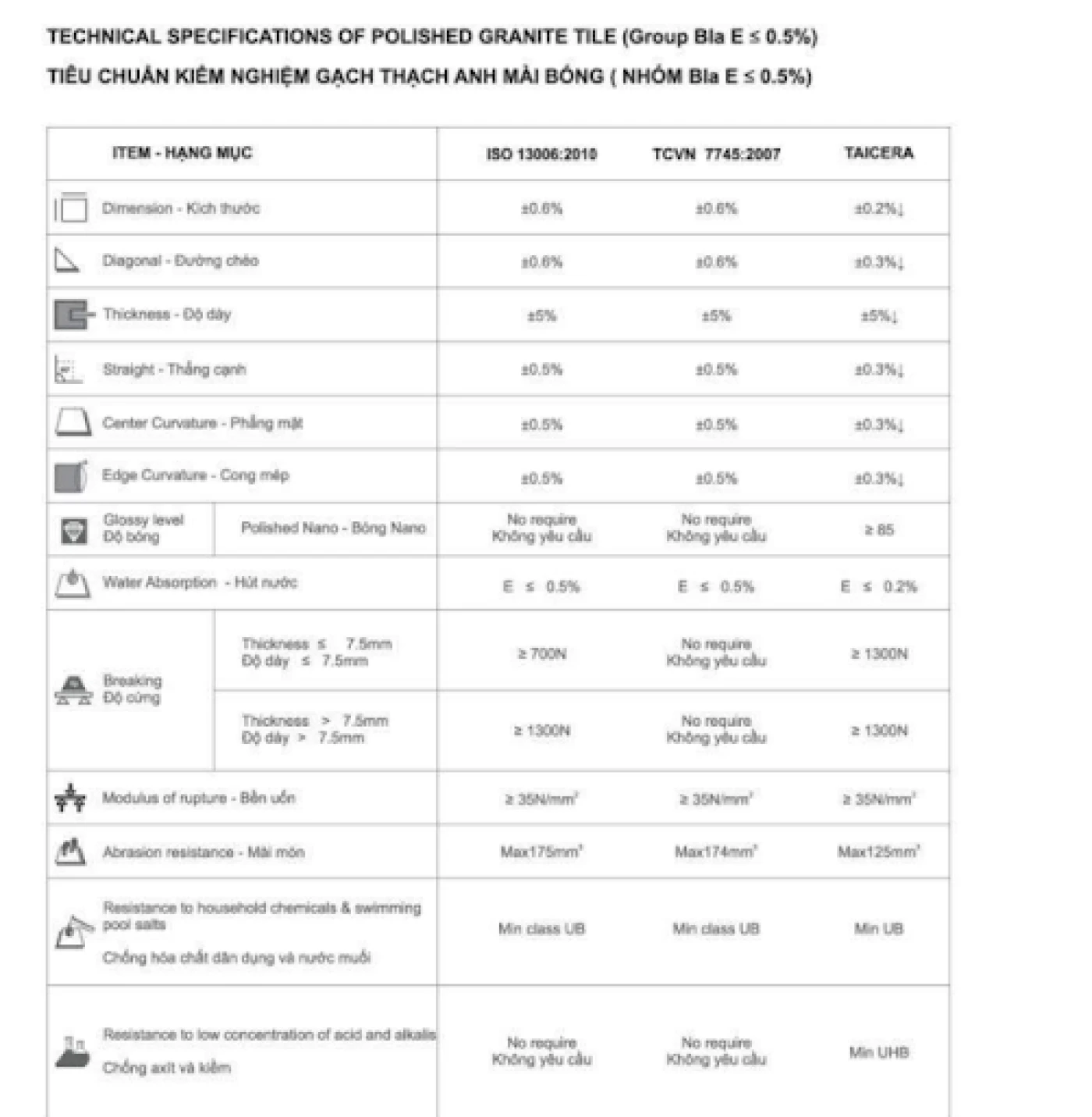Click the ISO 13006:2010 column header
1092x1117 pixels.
click(541, 154)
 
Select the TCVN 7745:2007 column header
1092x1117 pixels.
click(716, 154)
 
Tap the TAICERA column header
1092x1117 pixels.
click(878, 153)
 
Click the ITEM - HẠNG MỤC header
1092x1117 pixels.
click(183, 153)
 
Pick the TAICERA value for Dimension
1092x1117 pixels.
click(878, 208)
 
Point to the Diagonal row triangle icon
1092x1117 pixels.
click(67, 260)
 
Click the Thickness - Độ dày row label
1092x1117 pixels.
click(167, 315)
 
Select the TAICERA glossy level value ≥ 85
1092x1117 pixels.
click(878, 529)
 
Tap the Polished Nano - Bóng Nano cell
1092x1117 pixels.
click(333, 528)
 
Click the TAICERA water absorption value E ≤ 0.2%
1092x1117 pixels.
click(878, 586)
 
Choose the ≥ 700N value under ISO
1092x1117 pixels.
click(541, 653)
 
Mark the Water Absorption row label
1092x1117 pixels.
click(200, 582)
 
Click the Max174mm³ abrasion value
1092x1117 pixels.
click(716, 852)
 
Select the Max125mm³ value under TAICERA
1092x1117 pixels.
click(878, 852)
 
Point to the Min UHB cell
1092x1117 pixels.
click(878, 1052)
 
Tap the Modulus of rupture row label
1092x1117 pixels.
click(199, 798)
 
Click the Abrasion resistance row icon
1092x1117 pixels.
click(71, 851)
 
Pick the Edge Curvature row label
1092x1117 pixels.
click(196, 475)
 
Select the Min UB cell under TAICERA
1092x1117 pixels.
click(878, 928)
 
